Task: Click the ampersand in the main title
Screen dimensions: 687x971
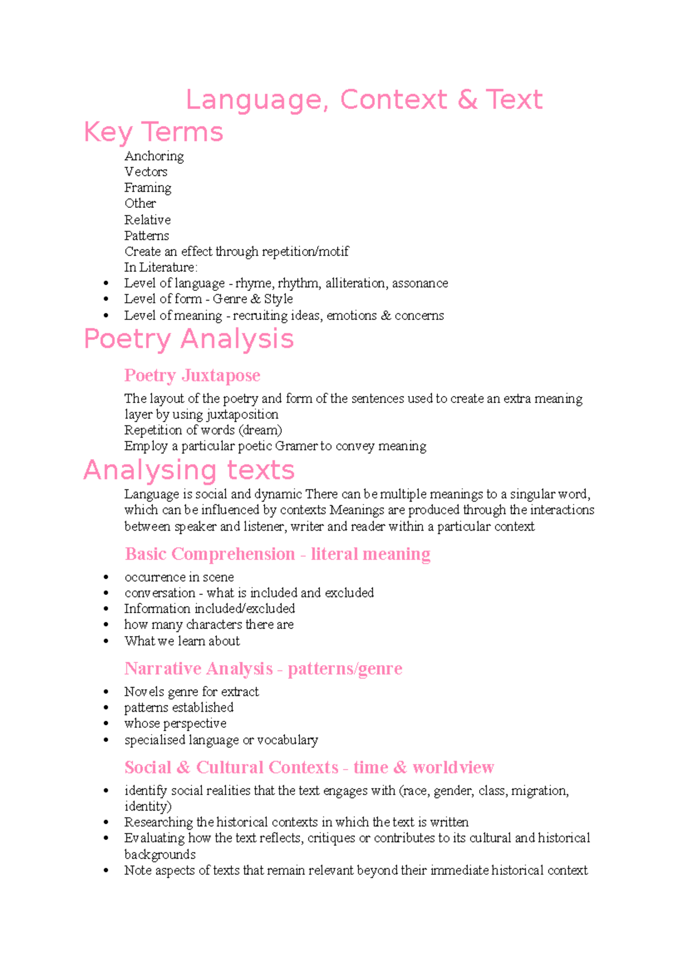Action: click(467, 100)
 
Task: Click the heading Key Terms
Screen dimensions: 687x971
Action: click(153, 132)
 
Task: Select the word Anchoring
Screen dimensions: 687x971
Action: click(154, 156)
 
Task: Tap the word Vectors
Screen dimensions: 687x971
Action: click(146, 172)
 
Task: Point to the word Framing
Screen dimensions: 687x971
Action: click(148, 188)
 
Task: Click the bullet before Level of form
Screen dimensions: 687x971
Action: click(106, 299)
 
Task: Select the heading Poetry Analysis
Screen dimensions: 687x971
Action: click(188, 339)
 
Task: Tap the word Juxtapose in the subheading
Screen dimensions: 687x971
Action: click(220, 376)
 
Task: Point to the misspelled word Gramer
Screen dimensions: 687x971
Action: click(296, 446)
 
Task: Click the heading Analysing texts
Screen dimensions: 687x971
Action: click(188, 471)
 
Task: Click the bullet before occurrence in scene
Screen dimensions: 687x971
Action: click(106, 578)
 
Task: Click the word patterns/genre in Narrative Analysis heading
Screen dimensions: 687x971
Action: click(345, 669)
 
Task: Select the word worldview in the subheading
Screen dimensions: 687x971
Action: click(453, 768)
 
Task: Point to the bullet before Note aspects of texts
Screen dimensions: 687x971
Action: click(106, 871)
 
